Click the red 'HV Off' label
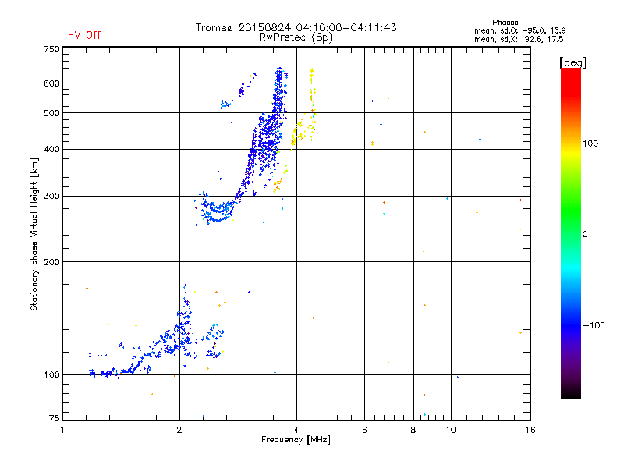pos(84,35)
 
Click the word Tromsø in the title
pos(214,27)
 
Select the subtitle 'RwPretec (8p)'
pos(296,37)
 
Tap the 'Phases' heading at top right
pos(505,23)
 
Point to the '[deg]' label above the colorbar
pos(573,62)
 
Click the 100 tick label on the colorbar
pos(590,144)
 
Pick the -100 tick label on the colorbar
pos(594,325)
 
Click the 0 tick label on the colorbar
pos(585,235)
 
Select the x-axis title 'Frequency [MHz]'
pos(296,440)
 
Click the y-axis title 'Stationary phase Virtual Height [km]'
pos(34,235)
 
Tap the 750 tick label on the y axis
pos(51,49)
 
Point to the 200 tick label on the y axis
pos(51,262)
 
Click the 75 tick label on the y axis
pos(55,418)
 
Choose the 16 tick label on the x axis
pos(530,430)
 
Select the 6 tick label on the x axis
pos(364,430)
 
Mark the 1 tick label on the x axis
pos(62,430)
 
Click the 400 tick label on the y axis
pos(51,149)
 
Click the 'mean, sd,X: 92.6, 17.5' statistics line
pos(519,40)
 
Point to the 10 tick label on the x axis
pos(451,430)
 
